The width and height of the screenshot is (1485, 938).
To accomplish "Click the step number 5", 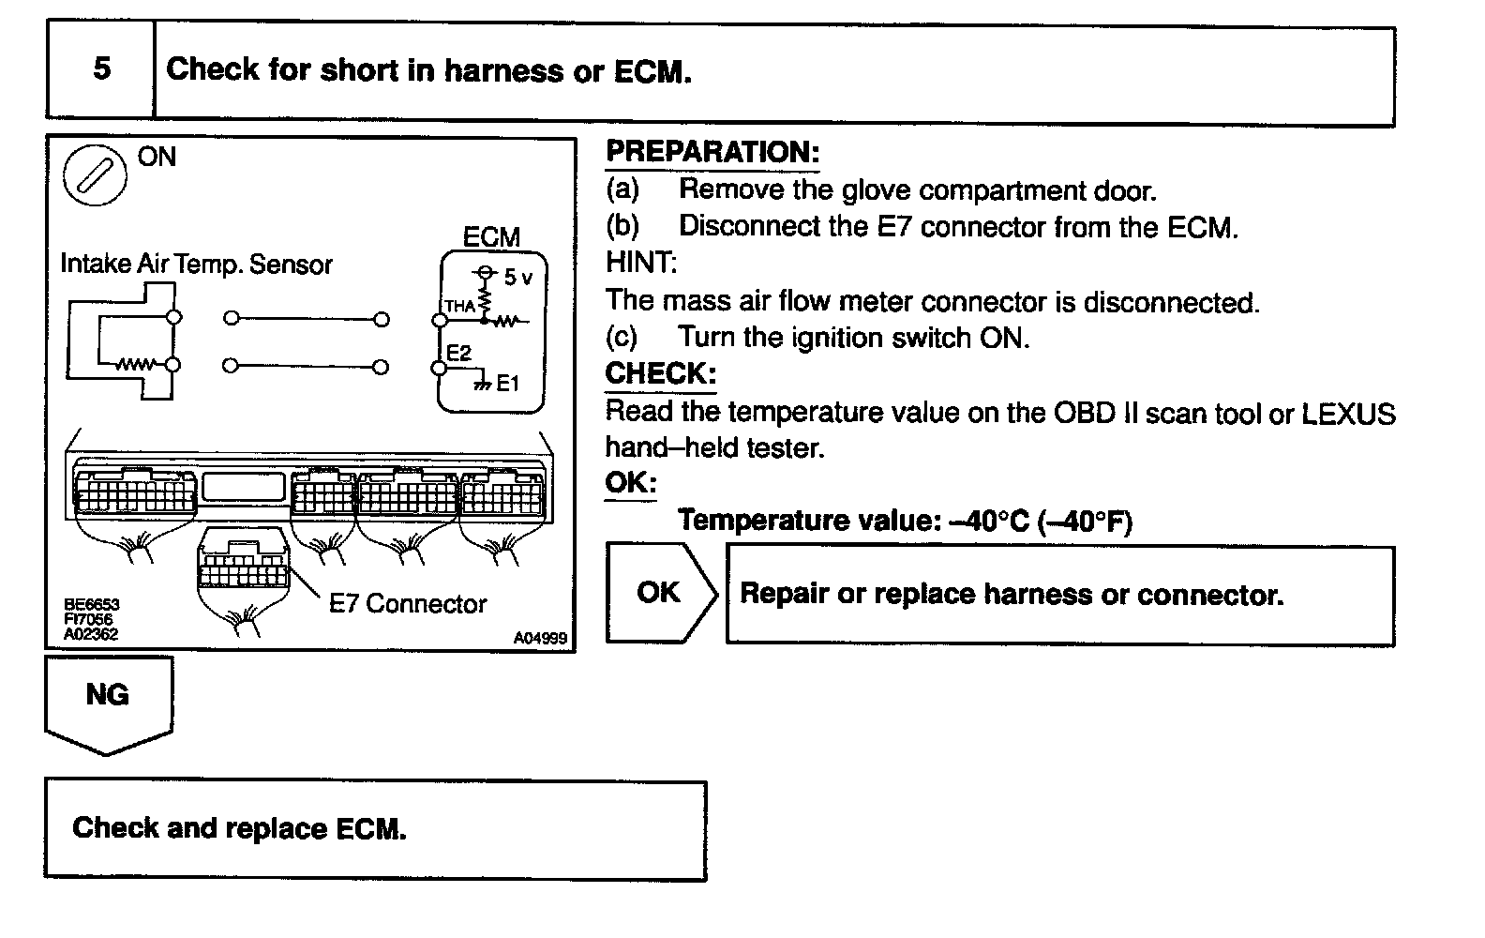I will coord(101,69).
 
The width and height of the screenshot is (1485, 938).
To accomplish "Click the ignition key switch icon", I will coord(94,175).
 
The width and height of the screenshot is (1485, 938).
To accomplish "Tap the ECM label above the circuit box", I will coord(491,237).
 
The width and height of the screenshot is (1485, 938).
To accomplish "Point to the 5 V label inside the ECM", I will coord(517,278).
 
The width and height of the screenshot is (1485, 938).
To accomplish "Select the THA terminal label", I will coord(459,306).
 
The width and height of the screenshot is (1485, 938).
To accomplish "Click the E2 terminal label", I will coord(458,353).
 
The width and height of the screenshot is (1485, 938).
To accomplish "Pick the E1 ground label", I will coord(507,383).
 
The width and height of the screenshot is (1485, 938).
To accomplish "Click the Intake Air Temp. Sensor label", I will coord(196,265).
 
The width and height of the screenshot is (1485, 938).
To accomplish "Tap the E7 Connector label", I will coord(408,604).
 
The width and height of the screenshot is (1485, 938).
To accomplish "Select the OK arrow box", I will coord(658,592).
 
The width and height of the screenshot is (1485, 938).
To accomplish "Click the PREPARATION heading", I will coord(712,152).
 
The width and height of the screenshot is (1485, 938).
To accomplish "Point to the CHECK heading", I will coord(660,373).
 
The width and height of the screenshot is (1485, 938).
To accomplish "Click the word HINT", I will coord(641,263).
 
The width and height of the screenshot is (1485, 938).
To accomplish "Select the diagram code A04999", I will coord(540,638).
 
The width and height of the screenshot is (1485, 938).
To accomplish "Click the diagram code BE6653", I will coord(91,605).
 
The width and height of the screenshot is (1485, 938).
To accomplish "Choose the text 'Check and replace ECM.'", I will coord(239,828).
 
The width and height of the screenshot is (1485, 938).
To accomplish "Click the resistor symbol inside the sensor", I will coord(132,365).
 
